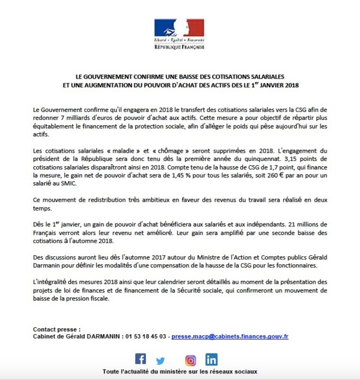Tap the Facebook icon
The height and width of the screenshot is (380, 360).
point(141,359)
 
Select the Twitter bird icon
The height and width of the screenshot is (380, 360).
point(160,360)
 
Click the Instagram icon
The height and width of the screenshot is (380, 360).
point(191,360)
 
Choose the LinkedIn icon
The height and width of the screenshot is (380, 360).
point(211,359)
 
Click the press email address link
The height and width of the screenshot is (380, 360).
point(230,337)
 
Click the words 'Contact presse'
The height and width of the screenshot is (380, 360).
point(56,329)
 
